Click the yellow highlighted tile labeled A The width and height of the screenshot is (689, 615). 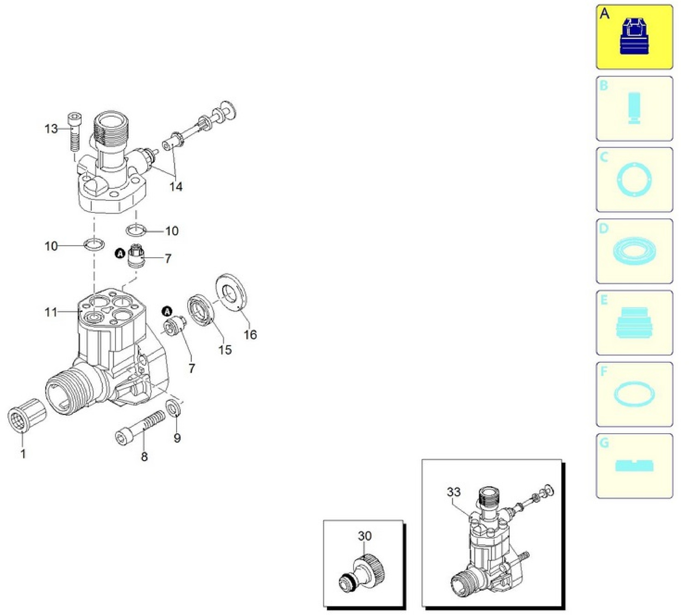[634, 37]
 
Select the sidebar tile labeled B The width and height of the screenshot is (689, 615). [634, 108]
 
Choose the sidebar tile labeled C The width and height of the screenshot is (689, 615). [634, 180]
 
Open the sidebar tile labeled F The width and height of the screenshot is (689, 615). [634, 395]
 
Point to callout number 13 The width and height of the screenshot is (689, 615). [51, 129]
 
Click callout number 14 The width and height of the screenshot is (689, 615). [176, 187]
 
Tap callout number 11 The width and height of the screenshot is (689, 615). [51, 312]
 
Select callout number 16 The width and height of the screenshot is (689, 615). [251, 335]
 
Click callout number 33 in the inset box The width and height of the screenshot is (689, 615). [454, 492]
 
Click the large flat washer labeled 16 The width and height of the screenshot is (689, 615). [231, 292]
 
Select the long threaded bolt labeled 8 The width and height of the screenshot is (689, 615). [141, 427]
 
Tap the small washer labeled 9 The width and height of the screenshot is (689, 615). [173, 408]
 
